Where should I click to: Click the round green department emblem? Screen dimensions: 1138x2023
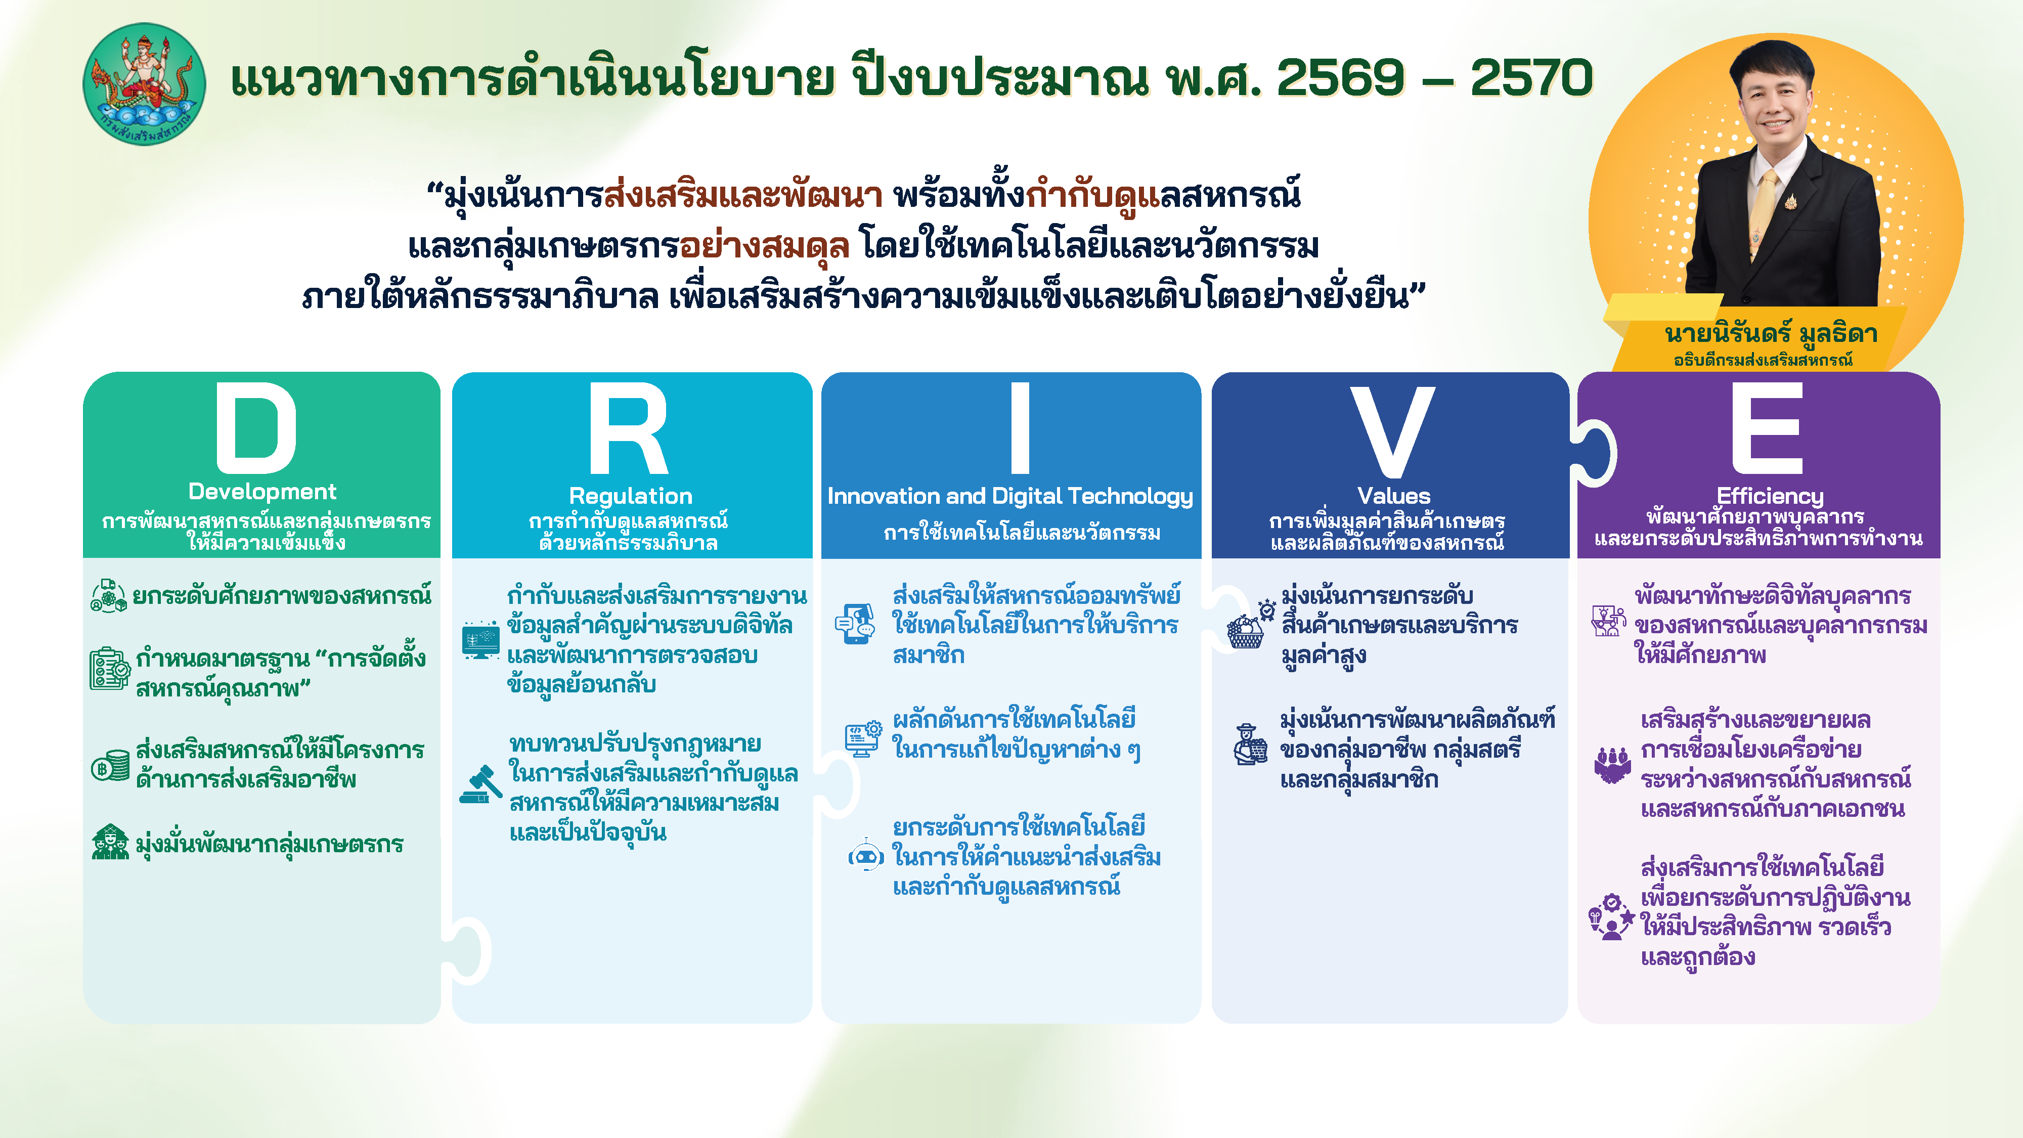(145, 84)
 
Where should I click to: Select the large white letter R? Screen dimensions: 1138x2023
(628, 429)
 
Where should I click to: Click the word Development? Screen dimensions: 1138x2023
(262, 492)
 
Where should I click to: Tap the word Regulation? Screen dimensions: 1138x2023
(631, 496)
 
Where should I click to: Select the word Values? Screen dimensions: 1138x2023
(1394, 496)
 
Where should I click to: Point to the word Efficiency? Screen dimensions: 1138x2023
(1770, 496)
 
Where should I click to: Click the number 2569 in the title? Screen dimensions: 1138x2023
(1341, 78)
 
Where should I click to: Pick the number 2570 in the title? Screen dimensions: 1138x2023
(1531, 78)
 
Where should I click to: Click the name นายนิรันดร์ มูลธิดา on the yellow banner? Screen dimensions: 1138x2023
(1771, 334)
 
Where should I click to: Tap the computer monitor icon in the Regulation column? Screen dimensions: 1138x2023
(480, 641)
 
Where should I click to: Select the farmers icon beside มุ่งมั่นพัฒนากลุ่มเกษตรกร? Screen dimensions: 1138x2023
(110, 843)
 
